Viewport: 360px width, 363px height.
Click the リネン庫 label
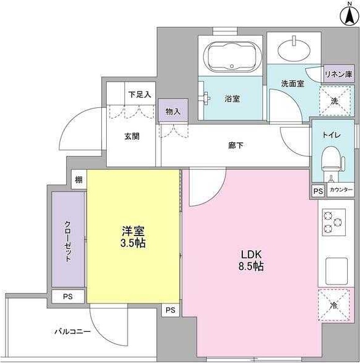click(338, 74)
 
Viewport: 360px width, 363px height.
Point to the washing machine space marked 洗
click(334, 100)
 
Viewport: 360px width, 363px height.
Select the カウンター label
click(341, 191)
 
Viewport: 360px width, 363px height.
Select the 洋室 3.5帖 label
click(133, 237)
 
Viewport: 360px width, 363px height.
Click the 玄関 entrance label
click(131, 136)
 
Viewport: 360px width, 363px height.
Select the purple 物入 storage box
click(173, 111)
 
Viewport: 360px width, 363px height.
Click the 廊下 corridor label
click(236, 145)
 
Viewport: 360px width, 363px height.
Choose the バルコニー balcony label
click(72, 332)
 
